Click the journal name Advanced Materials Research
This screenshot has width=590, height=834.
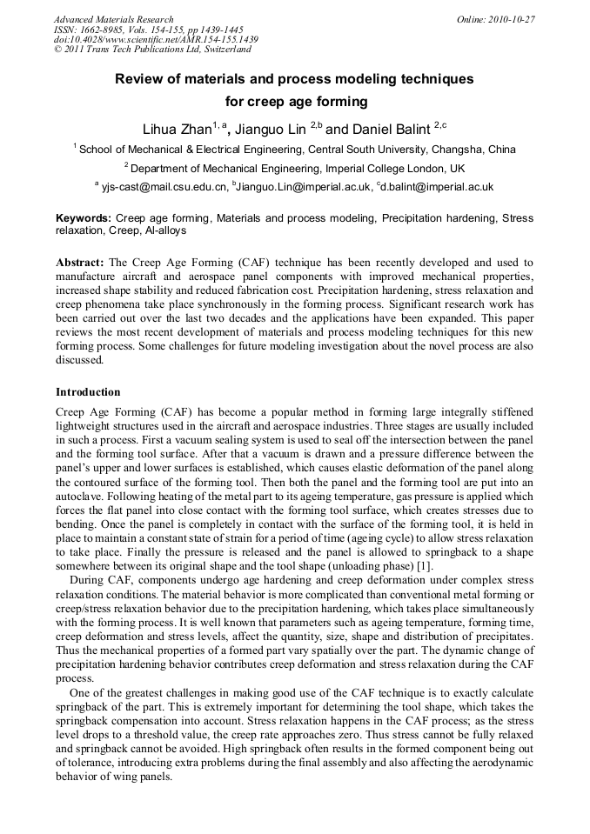(113, 19)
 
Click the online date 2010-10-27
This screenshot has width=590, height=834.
(511, 19)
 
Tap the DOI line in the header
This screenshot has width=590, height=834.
(156, 39)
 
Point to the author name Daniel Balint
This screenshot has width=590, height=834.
(386, 130)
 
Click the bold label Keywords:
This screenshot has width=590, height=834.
(84, 218)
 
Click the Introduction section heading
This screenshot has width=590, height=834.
(88, 392)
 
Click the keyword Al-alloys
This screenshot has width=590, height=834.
(163, 231)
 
